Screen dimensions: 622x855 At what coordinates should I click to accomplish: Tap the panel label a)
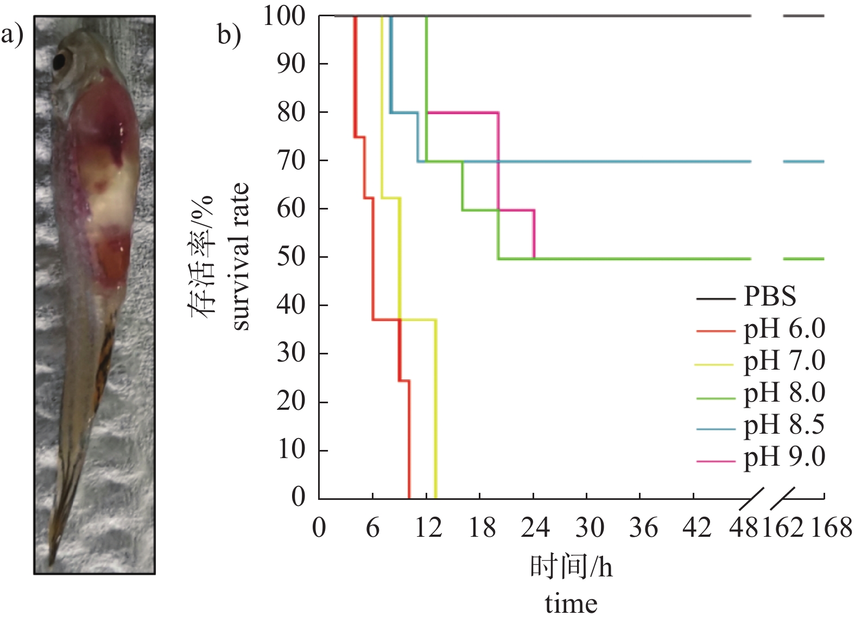tap(12, 35)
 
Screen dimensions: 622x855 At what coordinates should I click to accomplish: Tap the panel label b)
tap(229, 35)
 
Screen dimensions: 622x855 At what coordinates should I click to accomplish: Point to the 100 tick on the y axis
tap(284, 16)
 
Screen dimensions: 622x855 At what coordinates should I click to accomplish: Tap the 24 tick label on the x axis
tap(535, 528)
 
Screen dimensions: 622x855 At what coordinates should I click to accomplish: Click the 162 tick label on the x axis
tap(782, 528)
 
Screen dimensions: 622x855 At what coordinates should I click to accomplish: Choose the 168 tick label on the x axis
tap(831, 528)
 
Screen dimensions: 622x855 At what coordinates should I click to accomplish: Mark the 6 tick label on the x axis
tap(372, 528)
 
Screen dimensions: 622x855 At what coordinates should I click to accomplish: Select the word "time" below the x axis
tap(571, 604)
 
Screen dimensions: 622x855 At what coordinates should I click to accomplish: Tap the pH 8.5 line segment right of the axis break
tap(803, 162)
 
